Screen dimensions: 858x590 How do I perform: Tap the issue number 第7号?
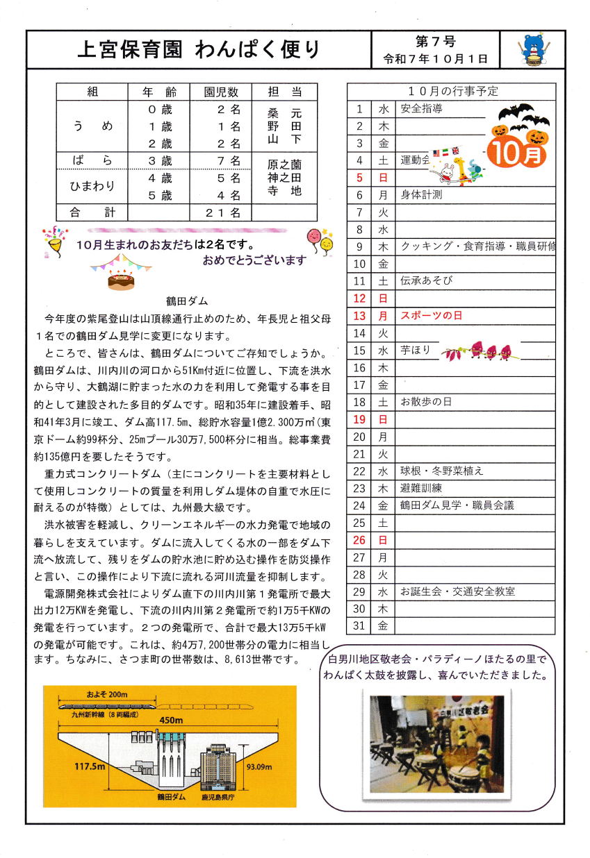pos(435,42)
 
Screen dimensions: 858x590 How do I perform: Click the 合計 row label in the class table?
pos(92,212)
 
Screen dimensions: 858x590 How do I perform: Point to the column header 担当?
pos(284,92)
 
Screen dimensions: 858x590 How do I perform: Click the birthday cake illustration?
pos(121,278)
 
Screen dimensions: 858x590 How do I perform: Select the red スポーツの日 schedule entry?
pos(432,315)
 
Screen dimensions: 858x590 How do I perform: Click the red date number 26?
pos(359,539)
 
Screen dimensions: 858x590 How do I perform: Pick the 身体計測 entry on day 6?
pos(422,195)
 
